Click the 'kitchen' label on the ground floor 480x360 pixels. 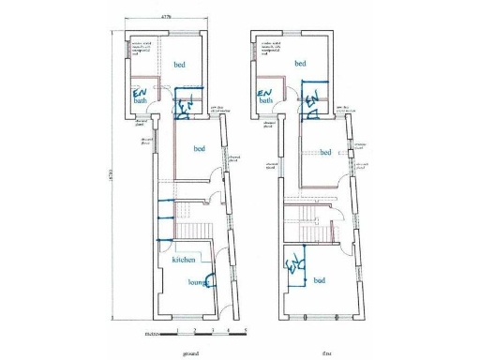pyautogui.click(x=184, y=259)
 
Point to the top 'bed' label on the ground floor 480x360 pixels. pyautogui.click(x=179, y=64)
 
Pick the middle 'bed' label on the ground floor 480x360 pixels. pyautogui.click(x=200, y=149)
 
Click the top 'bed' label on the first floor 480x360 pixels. pyautogui.click(x=301, y=64)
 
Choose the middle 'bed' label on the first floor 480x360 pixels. pyautogui.click(x=325, y=153)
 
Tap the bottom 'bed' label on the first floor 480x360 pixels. pyautogui.click(x=319, y=281)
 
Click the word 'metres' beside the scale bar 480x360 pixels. pyautogui.click(x=151, y=332)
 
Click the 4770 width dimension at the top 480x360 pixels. pyautogui.click(x=165, y=17)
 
